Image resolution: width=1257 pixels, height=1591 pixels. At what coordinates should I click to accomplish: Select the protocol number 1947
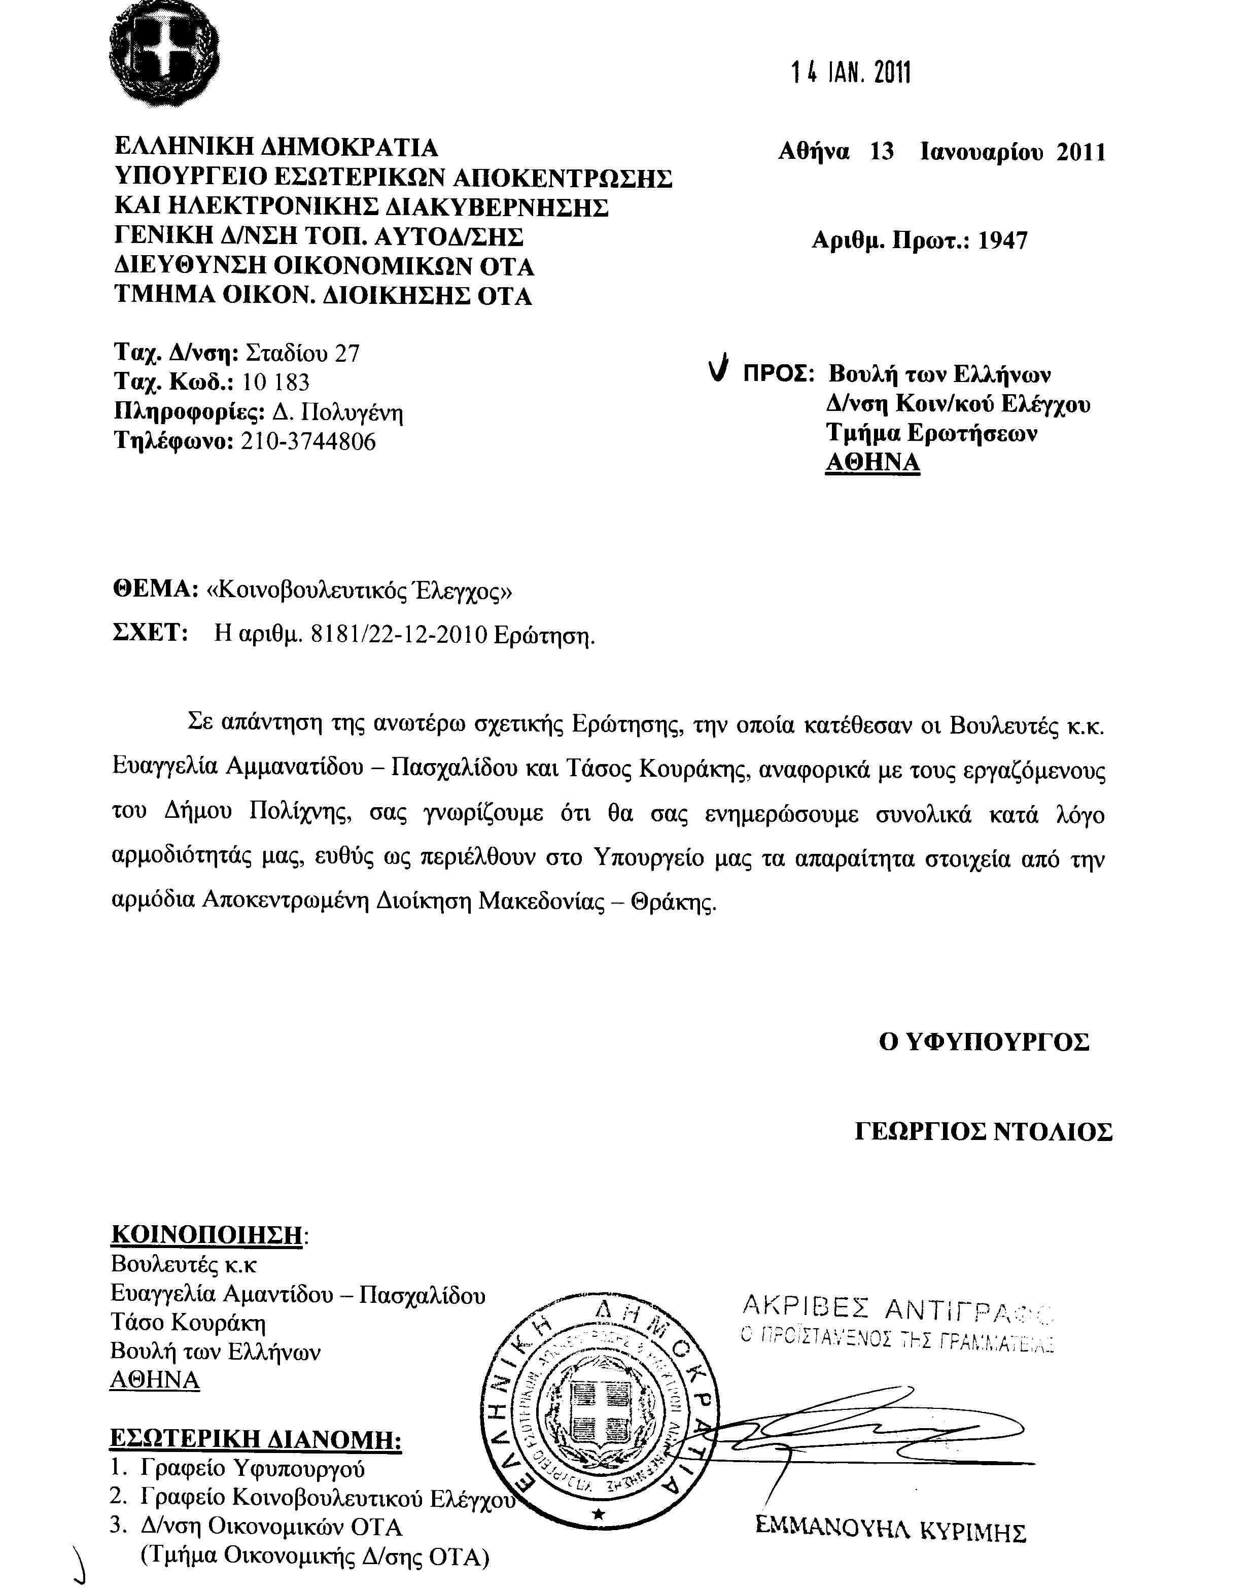[x=1002, y=240]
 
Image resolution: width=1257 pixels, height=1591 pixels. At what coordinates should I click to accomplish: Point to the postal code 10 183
[x=275, y=383]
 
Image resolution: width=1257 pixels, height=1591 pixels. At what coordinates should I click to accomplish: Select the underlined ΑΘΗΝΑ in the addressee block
[x=873, y=462]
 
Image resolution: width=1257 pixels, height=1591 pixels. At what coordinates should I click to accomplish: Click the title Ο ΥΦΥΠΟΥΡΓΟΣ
[x=984, y=1042]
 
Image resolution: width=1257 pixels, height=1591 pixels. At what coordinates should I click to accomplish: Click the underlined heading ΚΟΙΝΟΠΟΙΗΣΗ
[x=207, y=1234]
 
